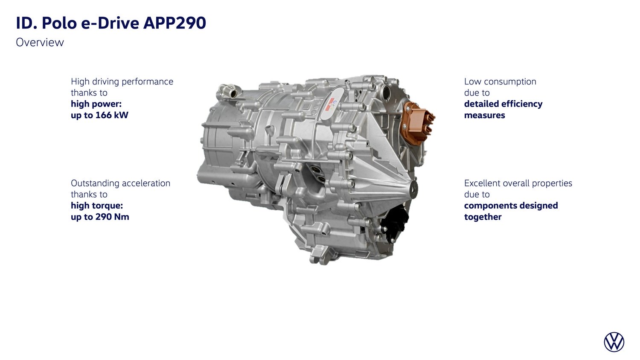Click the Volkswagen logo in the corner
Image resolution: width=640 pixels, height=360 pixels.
click(614, 342)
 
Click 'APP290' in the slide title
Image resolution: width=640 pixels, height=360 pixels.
click(175, 23)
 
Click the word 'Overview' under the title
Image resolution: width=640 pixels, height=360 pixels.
click(40, 43)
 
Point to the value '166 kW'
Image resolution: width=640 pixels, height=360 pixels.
click(112, 115)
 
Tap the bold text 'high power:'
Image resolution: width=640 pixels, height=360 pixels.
click(96, 104)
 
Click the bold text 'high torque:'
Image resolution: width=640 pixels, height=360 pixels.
click(97, 206)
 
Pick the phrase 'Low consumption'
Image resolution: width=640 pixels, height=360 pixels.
click(500, 81)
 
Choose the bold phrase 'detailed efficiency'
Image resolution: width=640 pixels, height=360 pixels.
click(503, 104)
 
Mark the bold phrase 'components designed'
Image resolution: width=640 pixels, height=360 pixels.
click(511, 206)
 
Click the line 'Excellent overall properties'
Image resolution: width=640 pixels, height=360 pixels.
click(518, 183)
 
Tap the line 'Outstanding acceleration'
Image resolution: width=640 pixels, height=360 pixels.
click(121, 183)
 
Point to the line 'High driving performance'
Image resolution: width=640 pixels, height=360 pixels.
click(122, 82)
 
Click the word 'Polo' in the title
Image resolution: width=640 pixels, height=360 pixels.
click(59, 23)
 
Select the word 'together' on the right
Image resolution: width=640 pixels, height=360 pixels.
click(483, 217)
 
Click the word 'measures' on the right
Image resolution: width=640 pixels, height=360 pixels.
click(485, 116)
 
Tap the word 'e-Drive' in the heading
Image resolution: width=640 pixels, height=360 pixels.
click(110, 23)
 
